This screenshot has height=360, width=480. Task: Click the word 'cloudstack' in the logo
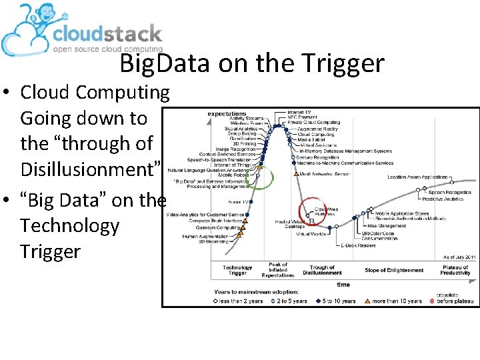tap(107, 34)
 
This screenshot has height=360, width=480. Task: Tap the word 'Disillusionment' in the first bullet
tap(89, 169)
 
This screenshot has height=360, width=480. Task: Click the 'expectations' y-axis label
tap(227, 114)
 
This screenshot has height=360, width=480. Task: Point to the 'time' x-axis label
tap(343, 284)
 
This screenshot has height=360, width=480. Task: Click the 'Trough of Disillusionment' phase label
tap(322, 270)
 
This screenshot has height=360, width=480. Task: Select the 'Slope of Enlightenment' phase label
tap(393, 270)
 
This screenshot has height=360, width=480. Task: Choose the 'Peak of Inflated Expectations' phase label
tap(278, 270)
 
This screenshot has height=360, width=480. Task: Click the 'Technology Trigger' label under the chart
tap(237, 270)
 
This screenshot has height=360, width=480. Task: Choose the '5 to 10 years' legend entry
tap(338, 301)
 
